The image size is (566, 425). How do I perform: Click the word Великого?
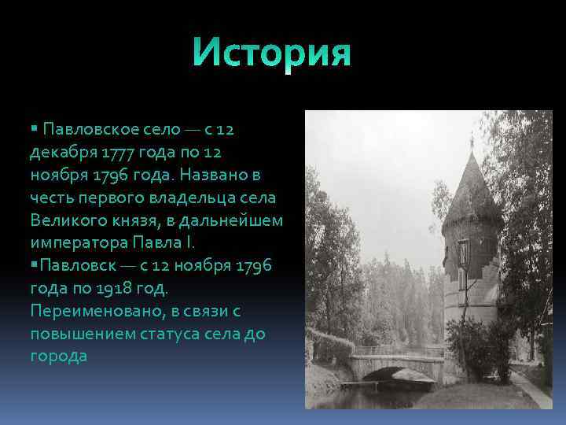pyautogui.click(x=66, y=220)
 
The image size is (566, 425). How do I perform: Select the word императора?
pyautogui.click(x=77, y=242)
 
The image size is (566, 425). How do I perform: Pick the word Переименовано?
pyautogui.click(x=94, y=311)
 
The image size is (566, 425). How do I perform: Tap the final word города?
pyautogui.click(x=58, y=357)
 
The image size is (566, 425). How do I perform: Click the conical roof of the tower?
pyautogui.click(x=471, y=193)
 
